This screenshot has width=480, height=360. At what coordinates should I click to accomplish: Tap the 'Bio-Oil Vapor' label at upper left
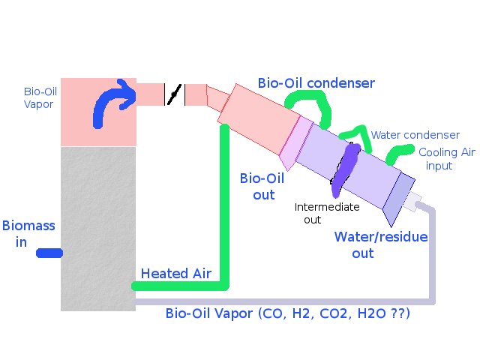38,97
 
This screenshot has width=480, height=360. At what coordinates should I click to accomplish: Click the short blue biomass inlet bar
50,254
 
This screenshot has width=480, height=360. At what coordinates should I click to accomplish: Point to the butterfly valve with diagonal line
174,94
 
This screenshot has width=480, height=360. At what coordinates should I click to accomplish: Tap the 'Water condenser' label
415,135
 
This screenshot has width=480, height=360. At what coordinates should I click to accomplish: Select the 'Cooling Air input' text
436,158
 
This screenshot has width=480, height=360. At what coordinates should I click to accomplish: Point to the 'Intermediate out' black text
326,213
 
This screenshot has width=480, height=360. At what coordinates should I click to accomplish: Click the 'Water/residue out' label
380,244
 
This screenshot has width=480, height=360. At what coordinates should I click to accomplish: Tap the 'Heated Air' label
173,273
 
